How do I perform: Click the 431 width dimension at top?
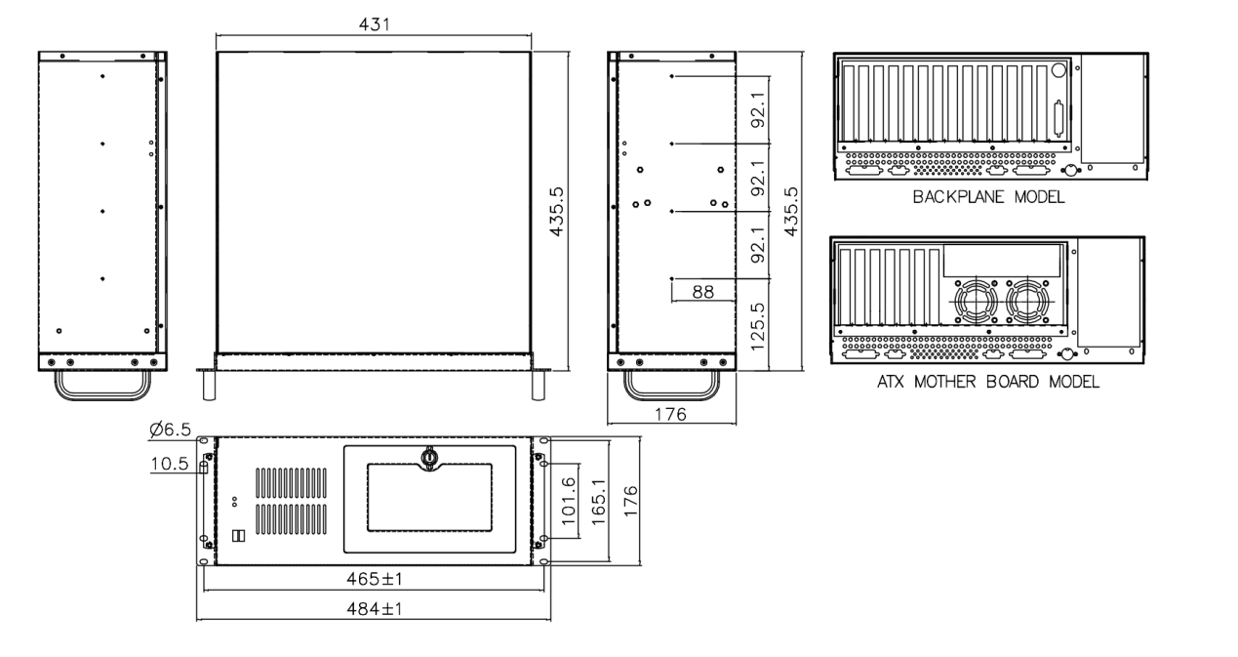[x=373, y=24]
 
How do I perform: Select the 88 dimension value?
[x=702, y=290]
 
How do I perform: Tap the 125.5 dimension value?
[x=756, y=324]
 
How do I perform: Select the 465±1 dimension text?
[x=375, y=579]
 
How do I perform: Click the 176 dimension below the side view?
[x=670, y=414]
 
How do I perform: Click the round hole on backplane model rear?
[x=1058, y=69]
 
